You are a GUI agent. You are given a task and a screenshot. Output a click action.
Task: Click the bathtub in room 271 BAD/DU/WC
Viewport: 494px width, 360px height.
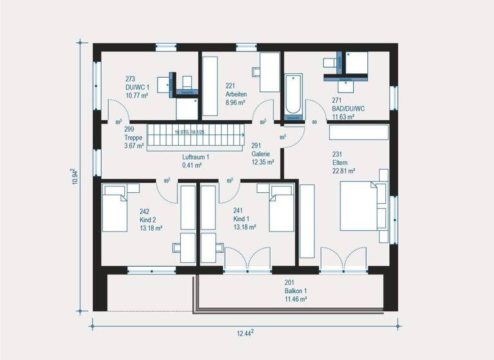[293, 96]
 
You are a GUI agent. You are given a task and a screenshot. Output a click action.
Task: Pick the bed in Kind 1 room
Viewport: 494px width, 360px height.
[280, 207]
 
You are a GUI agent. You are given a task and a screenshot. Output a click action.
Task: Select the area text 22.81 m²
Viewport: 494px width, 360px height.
[344, 171]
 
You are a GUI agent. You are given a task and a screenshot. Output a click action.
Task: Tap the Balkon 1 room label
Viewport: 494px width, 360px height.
[296, 291]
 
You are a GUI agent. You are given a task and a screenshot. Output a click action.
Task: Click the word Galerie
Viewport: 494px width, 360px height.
[261, 154]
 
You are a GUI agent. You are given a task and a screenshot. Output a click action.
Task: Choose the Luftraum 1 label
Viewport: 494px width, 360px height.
[196, 156]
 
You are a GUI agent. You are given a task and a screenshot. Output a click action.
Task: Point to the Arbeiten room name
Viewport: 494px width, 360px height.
[237, 93]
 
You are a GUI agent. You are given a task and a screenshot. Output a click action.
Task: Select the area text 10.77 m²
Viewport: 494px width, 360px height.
[136, 95]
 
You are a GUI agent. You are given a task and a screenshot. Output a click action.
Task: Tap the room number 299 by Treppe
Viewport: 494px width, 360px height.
[129, 129]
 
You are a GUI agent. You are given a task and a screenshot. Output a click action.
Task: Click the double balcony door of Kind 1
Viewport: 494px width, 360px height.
[248, 258]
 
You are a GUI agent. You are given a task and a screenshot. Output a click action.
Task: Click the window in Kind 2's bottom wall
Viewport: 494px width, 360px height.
[151, 270]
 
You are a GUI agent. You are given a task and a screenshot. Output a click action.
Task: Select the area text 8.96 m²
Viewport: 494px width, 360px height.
[235, 102]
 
